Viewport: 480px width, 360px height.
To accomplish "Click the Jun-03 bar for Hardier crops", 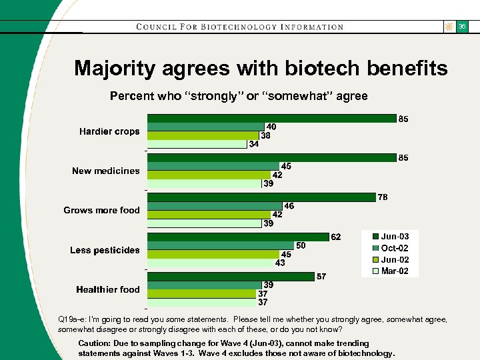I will click(271, 119).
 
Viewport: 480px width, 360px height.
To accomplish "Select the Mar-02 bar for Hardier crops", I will click(197, 144).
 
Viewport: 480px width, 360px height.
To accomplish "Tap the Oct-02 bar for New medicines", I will click(213, 166).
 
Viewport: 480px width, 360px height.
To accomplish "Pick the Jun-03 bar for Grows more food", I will click(261, 197).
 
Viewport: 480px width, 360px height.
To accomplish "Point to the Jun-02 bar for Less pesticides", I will click(213, 254).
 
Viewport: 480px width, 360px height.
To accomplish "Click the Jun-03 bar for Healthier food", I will click(231, 277).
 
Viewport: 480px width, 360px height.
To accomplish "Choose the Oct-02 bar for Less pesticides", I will click(221, 245).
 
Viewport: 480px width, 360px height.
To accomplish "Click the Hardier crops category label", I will click(109, 131).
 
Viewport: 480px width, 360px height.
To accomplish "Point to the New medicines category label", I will click(106, 171).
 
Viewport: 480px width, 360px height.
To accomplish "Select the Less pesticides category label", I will click(105, 250).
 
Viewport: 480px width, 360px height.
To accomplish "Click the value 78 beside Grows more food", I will click(383, 197).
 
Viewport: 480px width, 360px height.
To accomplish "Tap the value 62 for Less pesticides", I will click(337, 237).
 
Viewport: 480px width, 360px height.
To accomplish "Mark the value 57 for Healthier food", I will click(321, 276).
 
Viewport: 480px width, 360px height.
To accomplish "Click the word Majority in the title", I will click(116, 68).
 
